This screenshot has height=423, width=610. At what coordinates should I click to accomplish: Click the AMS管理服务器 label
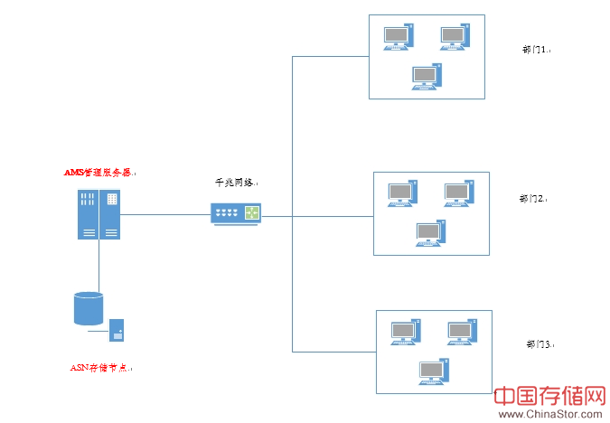(x=99, y=172)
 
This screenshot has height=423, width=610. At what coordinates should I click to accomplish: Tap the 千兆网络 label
(x=234, y=183)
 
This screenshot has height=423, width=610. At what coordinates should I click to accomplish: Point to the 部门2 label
(x=535, y=198)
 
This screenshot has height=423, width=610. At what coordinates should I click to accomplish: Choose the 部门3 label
(x=539, y=344)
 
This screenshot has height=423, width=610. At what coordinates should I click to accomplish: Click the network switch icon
(x=235, y=214)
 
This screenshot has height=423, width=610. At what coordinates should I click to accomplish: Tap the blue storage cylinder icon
(x=89, y=308)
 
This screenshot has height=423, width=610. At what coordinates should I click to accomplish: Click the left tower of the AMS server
(x=88, y=215)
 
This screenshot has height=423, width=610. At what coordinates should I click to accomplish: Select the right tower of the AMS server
(x=110, y=215)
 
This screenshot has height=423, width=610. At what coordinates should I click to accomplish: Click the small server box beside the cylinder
(x=117, y=330)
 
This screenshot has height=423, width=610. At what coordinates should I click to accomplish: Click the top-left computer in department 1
(x=399, y=37)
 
